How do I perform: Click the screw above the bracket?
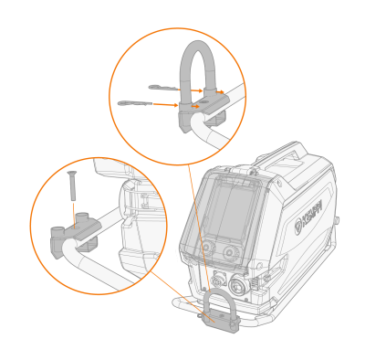click(x=73, y=185)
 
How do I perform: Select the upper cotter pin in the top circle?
click(x=163, y=88)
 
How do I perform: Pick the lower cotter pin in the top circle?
click(x=135, y=103)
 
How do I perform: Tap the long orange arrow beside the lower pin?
click(x=166, y=105)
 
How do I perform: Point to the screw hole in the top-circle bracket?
click(x=205, y=101)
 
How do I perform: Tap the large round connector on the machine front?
click(x=237, y=285)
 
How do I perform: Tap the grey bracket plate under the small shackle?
click(x=220, y=323)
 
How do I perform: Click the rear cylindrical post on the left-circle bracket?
click(x=82, y=217)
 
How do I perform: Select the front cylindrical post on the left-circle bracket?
click(x=57, y=231)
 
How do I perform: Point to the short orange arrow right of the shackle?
click(x=220, y=91)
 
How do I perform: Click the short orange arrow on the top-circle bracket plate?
click(x=195, y=107)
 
